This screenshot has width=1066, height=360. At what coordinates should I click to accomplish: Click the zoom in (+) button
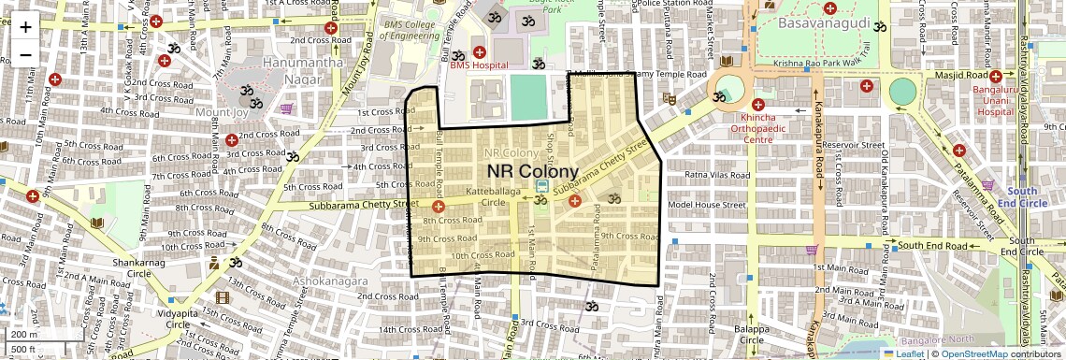click(25, 26)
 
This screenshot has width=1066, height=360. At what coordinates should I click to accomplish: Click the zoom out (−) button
click(25, 54)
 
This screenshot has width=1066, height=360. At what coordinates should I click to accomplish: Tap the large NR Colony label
click(533, 172)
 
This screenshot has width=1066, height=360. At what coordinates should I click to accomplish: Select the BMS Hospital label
click(478, 65)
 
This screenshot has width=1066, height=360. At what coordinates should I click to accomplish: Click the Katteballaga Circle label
click(497, 197)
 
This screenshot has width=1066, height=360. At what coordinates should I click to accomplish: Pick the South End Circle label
click(1016, 196)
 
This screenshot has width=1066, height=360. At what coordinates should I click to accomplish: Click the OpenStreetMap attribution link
click(974, 353)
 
